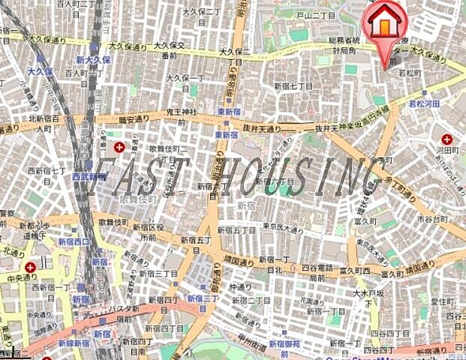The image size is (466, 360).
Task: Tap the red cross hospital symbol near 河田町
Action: click(447, 139)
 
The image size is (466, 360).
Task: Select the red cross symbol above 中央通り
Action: click(29, 268)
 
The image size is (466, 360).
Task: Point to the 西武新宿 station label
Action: click(90, 176)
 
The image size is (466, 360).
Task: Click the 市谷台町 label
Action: click(432, 217)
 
